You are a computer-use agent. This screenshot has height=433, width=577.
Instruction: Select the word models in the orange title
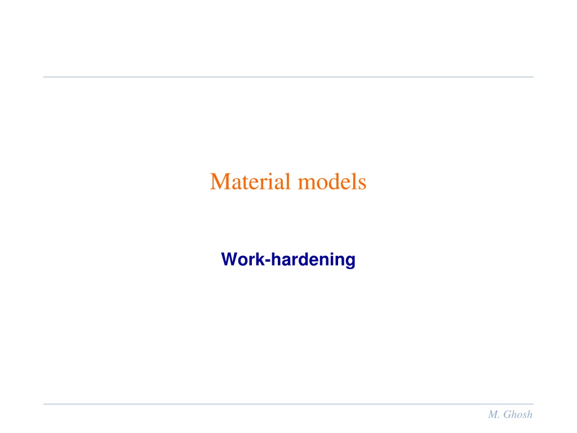point(332,182)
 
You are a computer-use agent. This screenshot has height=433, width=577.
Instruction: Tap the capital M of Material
point(219,182)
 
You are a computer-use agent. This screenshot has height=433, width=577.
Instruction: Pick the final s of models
point(362,185)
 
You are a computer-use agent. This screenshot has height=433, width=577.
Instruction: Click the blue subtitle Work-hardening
point(288,260)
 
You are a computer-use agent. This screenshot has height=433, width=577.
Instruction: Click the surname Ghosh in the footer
point(518,414)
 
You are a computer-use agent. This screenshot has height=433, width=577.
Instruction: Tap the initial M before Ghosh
point(493,414)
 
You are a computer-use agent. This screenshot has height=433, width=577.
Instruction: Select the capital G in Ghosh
point(507,414)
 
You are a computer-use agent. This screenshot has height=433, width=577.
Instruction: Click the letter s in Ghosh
point(525,416)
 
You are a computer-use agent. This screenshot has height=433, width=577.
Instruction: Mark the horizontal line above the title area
point(288,77)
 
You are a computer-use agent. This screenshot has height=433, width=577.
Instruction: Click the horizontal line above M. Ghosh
point(288,404)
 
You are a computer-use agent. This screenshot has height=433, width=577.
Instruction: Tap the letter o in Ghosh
point(519,416)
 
